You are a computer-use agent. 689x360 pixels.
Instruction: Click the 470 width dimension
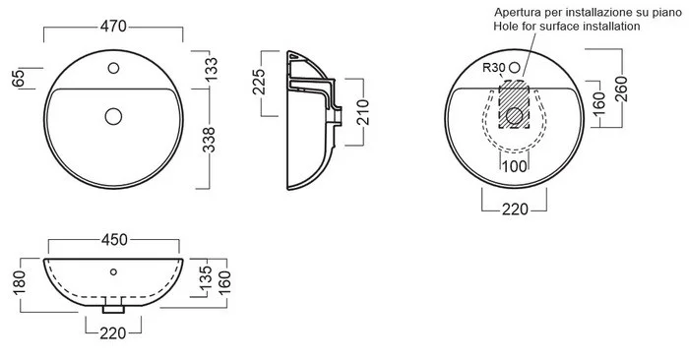(x=113, y=27)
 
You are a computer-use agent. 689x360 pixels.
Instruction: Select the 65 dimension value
(x=19, y=79)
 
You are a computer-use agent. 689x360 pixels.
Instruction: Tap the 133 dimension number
(x=211, y=69)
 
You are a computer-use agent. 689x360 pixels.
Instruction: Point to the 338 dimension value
(x=209, y=140)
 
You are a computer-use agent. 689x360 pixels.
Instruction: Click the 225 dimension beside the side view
(x=259, y=82)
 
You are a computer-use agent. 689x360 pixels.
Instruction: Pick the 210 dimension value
(x=363, y=112)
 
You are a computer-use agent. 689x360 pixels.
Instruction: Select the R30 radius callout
(x=494, y=68)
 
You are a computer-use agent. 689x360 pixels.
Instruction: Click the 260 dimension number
(x=621, y=90)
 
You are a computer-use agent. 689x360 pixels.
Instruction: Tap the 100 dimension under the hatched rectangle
(x=514, y=166)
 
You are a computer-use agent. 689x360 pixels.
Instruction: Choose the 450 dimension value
(x=114, y=240)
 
